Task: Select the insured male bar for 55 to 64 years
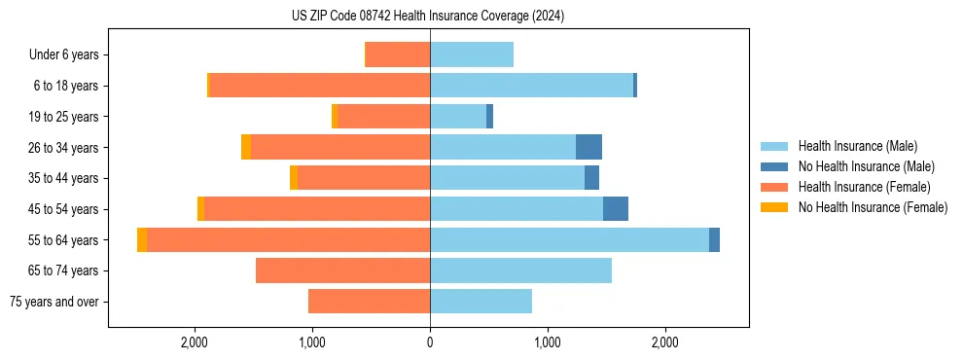pos(569,239)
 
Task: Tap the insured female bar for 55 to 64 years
pos(288,239)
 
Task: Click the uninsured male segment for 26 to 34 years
pos(588,147)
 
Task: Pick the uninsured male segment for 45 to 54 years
pos(616,208)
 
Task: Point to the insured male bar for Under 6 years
pos(472,54)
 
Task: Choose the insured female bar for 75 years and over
pos(369,302)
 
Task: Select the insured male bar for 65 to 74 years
pos(520,270)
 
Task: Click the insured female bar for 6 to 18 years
pos(319,86)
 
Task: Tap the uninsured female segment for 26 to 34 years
pos(246,147)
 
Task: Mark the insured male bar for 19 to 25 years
pos(458,117)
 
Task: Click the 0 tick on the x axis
pos(430,342)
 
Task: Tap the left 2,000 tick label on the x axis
pos(195,342)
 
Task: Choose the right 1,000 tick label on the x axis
pos(547,342)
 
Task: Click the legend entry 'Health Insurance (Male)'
pos(857,146)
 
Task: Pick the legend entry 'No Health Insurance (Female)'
pos(873,207)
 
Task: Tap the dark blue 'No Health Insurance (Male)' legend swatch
pos(775,166)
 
